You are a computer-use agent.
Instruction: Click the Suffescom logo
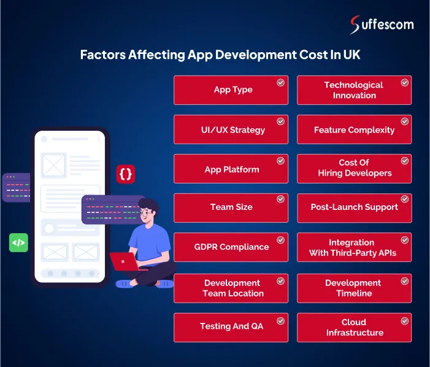[381, 25]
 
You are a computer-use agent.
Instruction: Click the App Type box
[231, 90]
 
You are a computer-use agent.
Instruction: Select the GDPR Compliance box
[231, 247]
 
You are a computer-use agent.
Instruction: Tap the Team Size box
[231, 207]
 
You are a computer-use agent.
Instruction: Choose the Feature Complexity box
[354, 130]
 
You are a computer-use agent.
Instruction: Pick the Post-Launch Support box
[354, 207]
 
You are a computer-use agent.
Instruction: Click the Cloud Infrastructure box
[354, 327]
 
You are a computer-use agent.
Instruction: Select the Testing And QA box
[231, 326]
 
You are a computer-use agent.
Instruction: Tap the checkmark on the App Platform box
[280, 161]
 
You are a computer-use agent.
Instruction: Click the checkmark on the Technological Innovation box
[405, 82]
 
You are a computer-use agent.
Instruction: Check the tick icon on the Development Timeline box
[405, 280]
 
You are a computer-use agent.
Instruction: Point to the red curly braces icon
[125, 174]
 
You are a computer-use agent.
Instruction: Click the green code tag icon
[18, 242]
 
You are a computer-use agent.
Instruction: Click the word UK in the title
[351, 55]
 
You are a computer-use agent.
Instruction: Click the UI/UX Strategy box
[231, 130]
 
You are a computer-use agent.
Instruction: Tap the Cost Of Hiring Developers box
[354, 168]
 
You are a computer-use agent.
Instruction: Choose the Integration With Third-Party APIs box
[354, 247]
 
